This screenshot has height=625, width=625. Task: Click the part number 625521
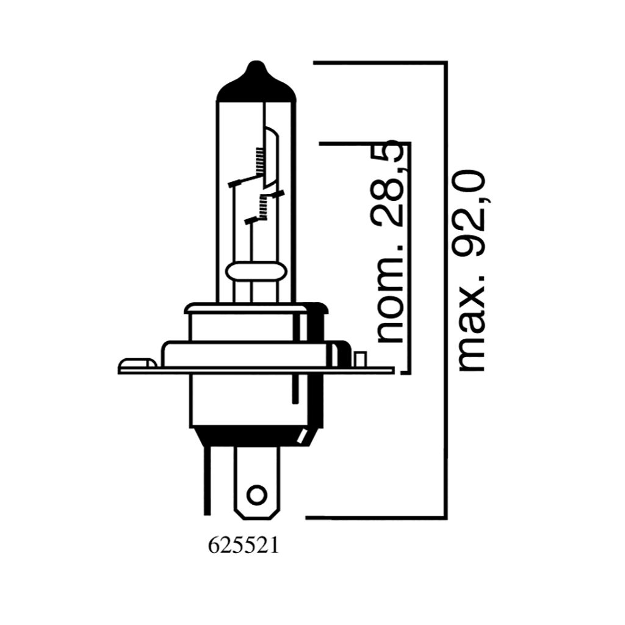click(x=244, y=545)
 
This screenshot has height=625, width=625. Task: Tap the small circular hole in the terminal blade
click(x=258, y=493)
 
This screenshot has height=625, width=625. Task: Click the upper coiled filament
click(x=259, y=162)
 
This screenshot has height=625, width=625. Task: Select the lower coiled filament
click(x=263, y=207)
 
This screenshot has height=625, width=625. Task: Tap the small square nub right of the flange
click(x=360, y=359)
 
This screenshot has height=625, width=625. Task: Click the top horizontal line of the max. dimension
click(x=378, y=62)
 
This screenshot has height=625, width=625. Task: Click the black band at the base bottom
click(x=253, y=435)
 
